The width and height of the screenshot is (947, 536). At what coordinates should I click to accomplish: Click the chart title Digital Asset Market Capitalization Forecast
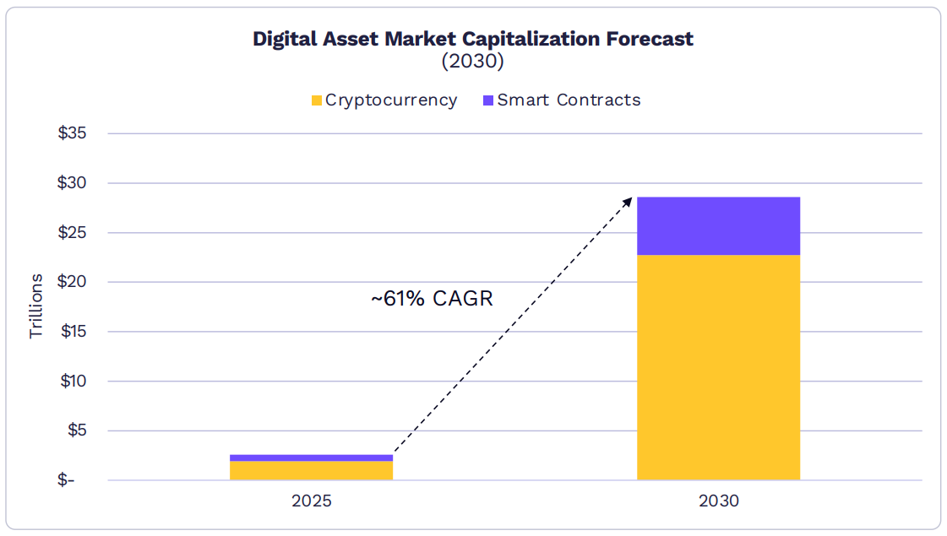point(473,39)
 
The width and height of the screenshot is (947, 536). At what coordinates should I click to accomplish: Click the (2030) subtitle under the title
point(473,62)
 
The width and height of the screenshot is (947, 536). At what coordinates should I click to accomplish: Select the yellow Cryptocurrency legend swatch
point(317,100)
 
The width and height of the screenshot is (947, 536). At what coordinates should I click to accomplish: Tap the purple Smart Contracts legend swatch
point(488,100)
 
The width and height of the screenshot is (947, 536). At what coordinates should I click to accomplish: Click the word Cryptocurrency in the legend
point(391,100)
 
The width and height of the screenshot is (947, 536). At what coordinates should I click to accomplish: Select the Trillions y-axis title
point(35,306)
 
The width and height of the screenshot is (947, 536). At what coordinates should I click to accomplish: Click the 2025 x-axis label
point(312,501)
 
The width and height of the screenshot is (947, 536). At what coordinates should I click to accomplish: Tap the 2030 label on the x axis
point(718,501)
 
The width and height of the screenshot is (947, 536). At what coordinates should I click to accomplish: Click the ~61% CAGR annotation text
point(432,299)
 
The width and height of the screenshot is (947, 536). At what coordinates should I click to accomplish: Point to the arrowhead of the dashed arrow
point(629,200)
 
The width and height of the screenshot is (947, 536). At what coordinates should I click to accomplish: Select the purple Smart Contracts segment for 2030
point(718,225)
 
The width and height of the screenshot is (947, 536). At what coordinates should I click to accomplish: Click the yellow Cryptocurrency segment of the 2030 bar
point(718,367)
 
